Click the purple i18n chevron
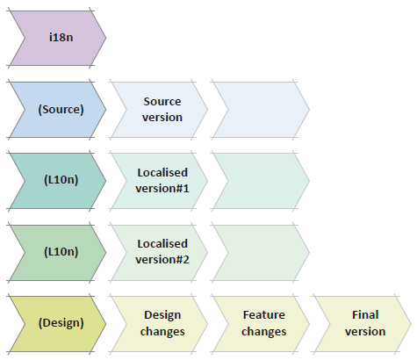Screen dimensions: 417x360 tap(58, 38)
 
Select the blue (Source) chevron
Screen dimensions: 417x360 tap(58, 110)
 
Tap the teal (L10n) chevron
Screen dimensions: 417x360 tap(58, 181)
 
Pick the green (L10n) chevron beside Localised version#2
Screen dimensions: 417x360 tap(58, 252)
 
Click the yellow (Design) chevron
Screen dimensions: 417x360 tap(58, 324)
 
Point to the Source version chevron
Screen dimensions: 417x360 tap(160, 110)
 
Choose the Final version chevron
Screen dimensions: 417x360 tap(363, 324)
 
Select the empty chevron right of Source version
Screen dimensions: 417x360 tap(261, 110)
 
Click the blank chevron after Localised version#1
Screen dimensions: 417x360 tap(261, 181)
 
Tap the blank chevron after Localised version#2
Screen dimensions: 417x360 tap(261, 252)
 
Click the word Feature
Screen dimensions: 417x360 tap(264, 315)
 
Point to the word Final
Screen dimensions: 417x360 tap(365, 315)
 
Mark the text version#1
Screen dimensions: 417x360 tap(162, 189)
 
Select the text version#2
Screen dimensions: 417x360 tap(162, 260)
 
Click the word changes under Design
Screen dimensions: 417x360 tap(162, 332)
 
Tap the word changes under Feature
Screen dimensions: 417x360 tap(264, 332)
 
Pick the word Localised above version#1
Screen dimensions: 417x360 tap(162, 173)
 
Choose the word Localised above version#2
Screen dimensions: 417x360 tap(162, 244)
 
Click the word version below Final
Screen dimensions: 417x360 tap(365, 332)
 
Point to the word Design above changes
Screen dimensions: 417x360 tap(162, 316)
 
